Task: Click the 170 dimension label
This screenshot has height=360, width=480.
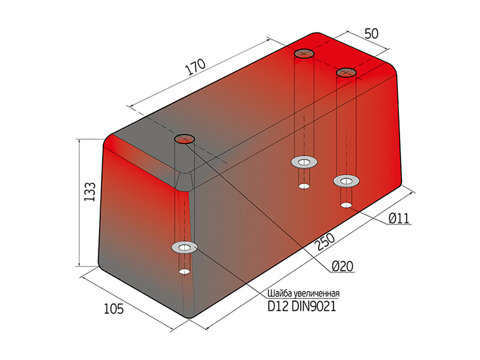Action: tap(196, 67)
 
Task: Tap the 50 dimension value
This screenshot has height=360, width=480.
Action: tap(371, 34)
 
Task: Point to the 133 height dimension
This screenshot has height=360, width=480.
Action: tap(90, 192)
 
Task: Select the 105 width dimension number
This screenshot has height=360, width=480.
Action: tap(113, 308)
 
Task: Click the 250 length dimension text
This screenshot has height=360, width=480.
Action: tap(324, 241)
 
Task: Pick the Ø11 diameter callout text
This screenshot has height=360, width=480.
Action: tap(398, 218)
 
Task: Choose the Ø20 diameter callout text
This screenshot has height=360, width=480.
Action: tap(343, 266)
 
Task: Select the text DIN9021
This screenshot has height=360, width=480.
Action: tap(314, 306)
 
